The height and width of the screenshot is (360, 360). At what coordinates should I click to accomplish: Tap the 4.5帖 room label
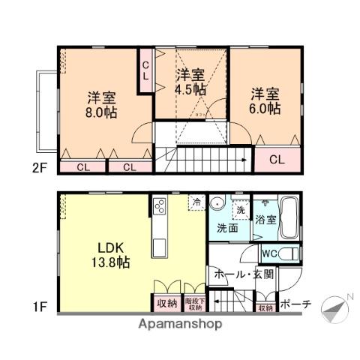coord(192,81)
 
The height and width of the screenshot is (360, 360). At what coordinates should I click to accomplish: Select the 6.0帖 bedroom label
coord(265,100)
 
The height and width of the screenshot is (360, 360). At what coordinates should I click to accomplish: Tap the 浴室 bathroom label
coord(265,220)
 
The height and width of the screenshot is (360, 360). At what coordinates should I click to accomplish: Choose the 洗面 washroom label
coord(228,227)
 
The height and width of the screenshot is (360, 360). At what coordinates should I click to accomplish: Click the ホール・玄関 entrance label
coord(244,274)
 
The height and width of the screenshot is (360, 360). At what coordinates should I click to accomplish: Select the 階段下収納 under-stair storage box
coord(193,304)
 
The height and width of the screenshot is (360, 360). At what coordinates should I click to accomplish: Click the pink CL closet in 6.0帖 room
coord(276,159)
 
